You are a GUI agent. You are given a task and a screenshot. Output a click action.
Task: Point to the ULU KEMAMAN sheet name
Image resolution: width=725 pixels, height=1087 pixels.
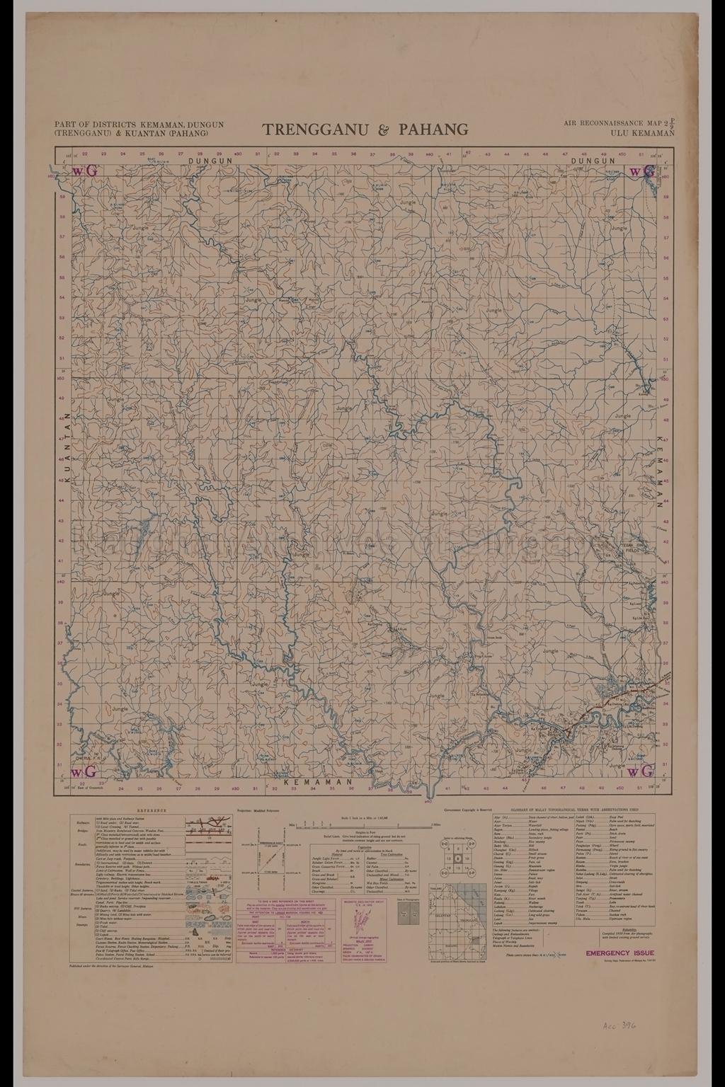coord(644,132)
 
